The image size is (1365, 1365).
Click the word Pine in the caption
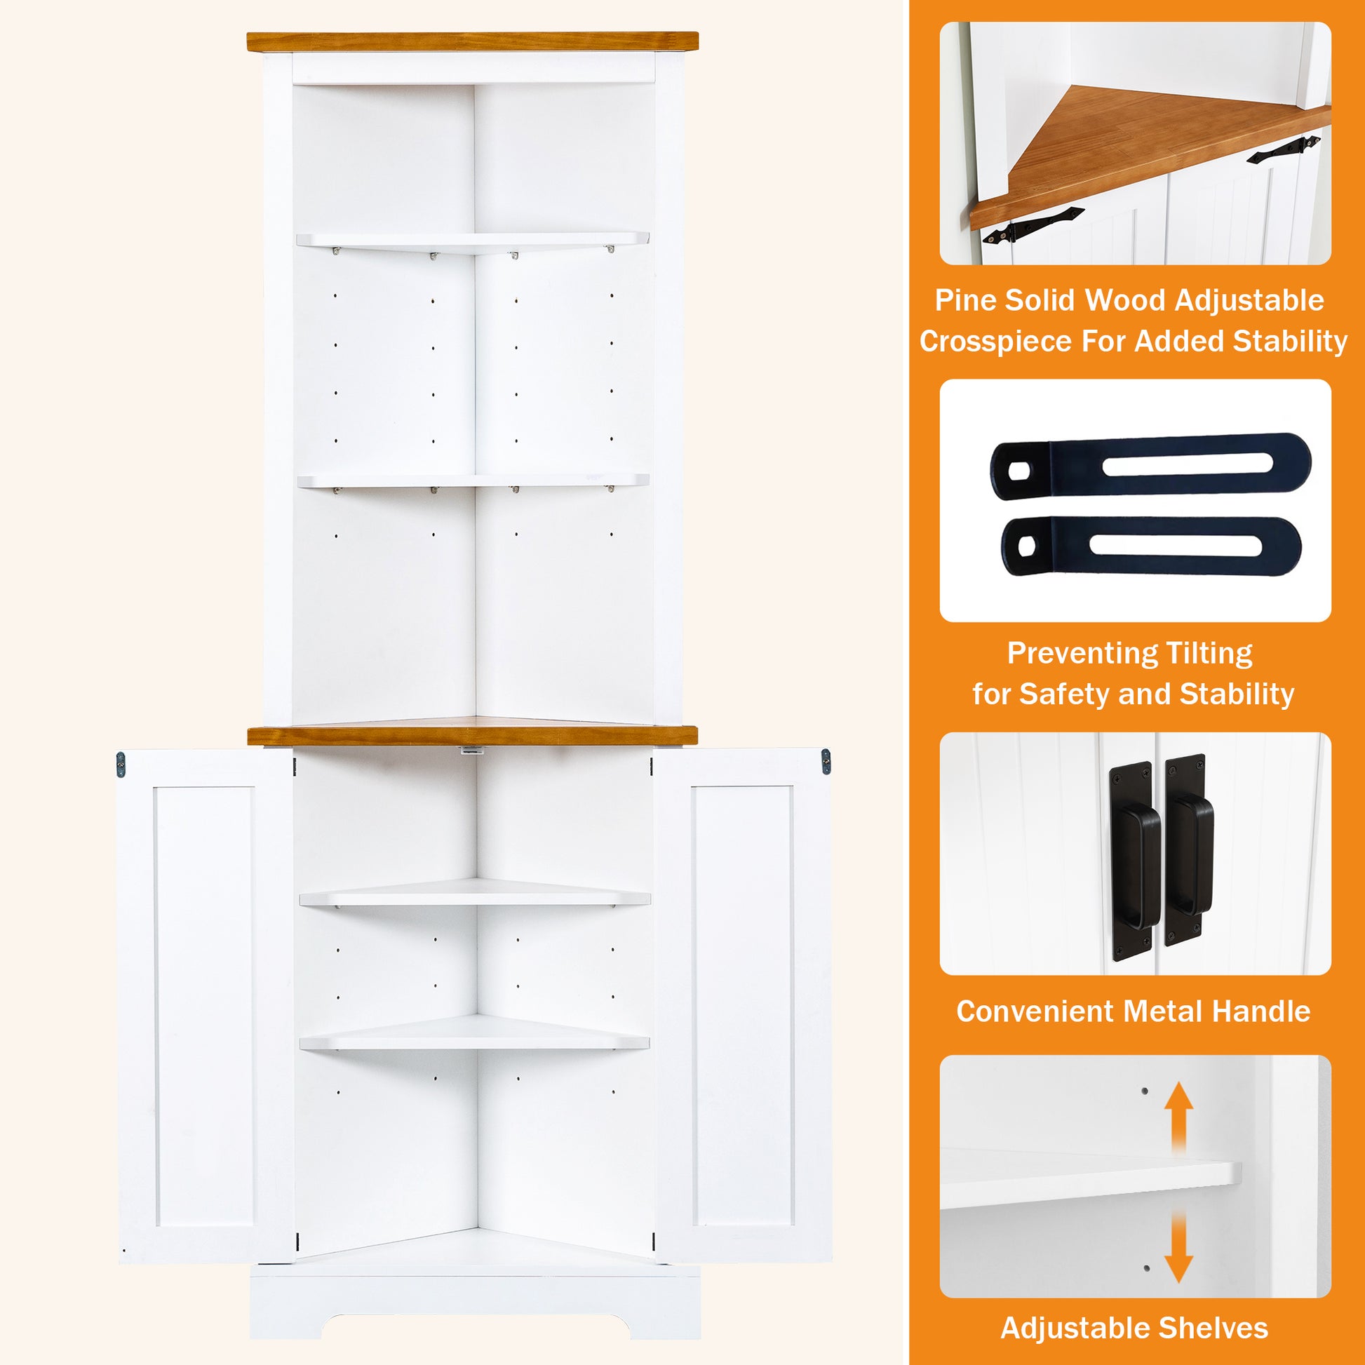click(964, 301)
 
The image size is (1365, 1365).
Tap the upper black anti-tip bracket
click(1150, 466)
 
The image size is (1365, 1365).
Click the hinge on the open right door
click(825, 761)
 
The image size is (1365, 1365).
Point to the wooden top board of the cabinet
click(472, 41)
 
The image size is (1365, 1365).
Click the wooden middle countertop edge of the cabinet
click(472, 736)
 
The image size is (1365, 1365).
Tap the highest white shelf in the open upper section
click(472, 240)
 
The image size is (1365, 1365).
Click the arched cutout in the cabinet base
click(476, 1327)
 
